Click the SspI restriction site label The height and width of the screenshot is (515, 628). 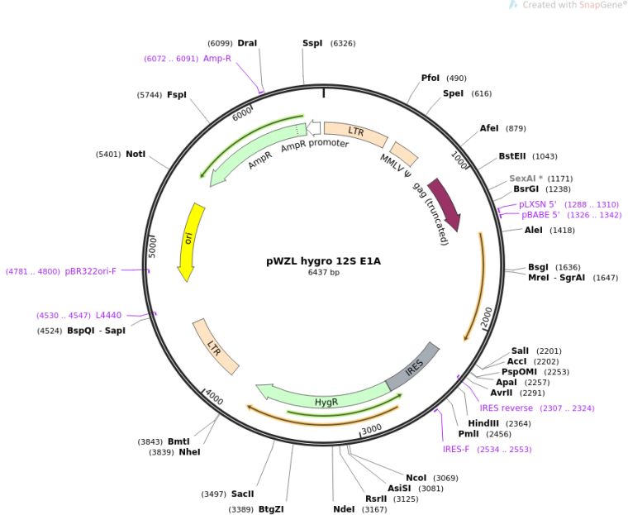[312, 42]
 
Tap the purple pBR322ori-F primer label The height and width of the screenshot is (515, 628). [91, 270]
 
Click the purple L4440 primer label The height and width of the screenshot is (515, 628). [108, 315]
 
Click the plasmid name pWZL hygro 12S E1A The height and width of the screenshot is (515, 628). [323, 260]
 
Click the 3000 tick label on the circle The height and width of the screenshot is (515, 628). [371, 429]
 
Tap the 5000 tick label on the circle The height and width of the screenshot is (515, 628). [152, 247]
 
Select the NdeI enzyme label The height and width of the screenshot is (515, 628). [344, 508]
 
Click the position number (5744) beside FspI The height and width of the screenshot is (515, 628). [150, 95]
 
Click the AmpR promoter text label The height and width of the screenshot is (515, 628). [315, 145]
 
